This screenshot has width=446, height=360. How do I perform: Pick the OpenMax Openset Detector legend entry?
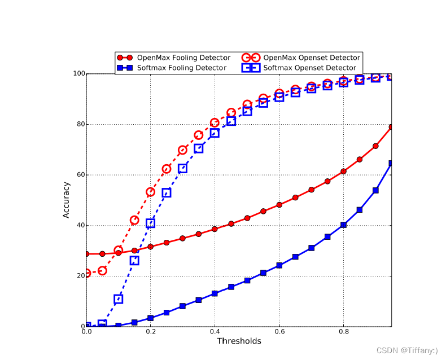click(x=311, y=58)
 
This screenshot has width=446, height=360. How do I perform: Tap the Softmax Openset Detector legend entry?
click(x=309, y=68)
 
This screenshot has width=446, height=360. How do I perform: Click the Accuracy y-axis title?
click(x=66, y=199)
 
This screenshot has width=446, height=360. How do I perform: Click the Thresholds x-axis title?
click(x=239, y=341)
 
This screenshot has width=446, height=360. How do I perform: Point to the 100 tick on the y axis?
click(x=78, y=73)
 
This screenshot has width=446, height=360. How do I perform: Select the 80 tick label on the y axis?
click(x=80, y=124)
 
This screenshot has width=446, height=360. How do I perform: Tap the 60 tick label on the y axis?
click(x=80, y=175)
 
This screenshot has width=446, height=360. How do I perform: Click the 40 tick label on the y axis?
click(x=80, y=226)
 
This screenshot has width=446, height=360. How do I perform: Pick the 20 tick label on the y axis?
click(x=80, y=276)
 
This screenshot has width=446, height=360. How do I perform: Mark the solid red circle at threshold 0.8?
click(x=343, y=171)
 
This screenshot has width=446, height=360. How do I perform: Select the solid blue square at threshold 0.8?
click(x=343, y=225)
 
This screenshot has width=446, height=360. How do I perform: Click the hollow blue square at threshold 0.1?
click(x=118, y=299)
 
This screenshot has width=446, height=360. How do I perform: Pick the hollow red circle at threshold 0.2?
click(x=150, y=192)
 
